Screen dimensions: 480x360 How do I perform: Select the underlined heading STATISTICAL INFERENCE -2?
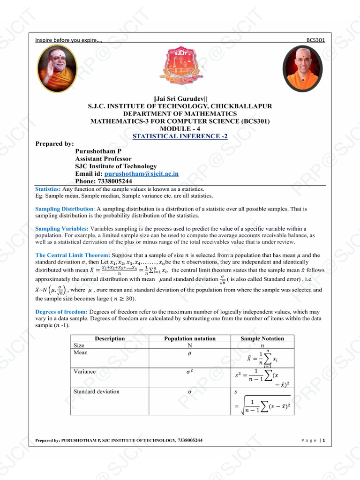(x=180, y=136)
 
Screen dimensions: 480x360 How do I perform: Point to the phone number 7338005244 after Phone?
(x=115, y=181)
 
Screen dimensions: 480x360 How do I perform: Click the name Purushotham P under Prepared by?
(x=98, y=151)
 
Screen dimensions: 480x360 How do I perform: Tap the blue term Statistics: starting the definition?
(x=48, y=189)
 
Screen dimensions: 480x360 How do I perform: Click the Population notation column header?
(x=190, y=338)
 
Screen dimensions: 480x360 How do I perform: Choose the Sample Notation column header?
(x=262, y=338)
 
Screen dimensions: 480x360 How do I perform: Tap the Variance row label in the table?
(x=84, y=372)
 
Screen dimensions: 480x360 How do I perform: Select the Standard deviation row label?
(x=96, y=391)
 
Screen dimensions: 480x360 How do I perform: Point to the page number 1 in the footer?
(x=324, y=440)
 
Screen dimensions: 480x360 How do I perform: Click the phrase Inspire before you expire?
(x=68, y=40)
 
